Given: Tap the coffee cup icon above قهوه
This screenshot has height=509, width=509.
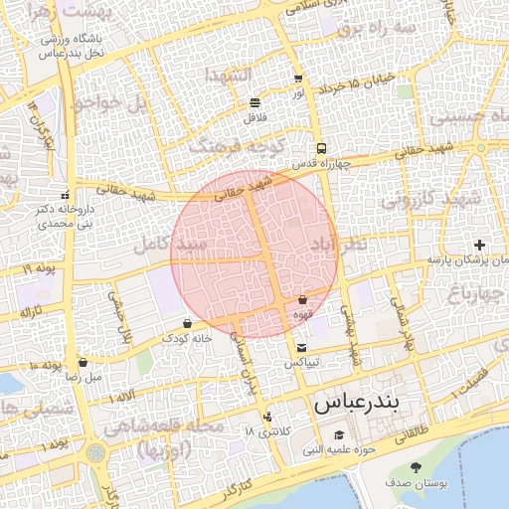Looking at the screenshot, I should [301, 298].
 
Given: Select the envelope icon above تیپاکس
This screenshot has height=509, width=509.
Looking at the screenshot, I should [301, 347].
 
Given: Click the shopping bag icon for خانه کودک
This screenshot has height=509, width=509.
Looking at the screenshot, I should [188, 323].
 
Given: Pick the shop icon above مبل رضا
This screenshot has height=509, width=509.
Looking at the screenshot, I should [83, 362].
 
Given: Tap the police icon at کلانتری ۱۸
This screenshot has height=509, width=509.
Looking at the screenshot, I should [266, 417].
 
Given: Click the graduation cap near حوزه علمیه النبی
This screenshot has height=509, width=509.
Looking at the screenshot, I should [339, 435].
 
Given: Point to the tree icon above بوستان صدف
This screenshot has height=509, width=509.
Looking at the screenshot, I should [415, 467].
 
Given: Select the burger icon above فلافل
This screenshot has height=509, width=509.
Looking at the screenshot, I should [255, 102].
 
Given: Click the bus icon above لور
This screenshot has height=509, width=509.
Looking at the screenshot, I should [298, 78].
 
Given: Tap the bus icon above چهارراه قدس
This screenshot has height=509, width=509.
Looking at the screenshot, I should [320, 147].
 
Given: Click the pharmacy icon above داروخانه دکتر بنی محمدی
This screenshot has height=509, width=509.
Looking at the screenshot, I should [66, 195].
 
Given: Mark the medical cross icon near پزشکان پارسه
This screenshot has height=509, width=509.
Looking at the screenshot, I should [480, 245].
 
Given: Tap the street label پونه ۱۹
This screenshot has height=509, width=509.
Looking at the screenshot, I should [40, 268].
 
